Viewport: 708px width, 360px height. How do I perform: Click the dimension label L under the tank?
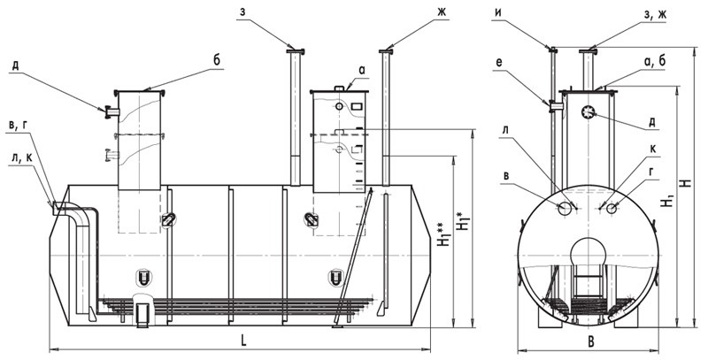click(243, 341)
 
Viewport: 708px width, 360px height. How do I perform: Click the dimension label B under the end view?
click(590, 342)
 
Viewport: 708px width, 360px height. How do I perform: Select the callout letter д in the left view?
click(15, 65)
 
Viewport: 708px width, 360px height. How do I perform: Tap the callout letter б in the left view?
click(217, 61)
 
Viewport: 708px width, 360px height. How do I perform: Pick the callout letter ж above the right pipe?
click(441, 12)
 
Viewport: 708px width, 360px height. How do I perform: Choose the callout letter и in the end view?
click(497, 14)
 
